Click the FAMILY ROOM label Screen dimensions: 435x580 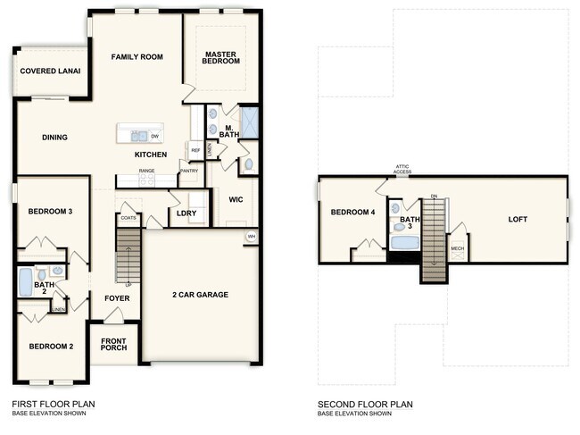(137, 57)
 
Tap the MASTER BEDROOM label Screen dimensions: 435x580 (220, 58)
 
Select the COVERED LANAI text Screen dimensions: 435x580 (50, 71)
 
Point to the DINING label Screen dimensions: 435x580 (54, 138)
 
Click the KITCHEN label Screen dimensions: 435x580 (151, 155)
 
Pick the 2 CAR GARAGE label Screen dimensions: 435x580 (200, 295)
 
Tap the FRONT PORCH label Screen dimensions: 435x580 (112, 344)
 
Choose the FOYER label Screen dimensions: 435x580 (117, 299)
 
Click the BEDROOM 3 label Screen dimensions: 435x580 (50, 212)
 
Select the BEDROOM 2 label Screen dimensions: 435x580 (50, 347)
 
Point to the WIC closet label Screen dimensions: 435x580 (236, 199)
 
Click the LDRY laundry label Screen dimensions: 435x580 (187, 213)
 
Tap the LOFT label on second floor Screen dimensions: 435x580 (518, 219)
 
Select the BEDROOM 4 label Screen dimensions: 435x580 (353, 213)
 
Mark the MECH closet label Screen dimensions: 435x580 (457, 249)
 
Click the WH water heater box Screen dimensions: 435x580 (251, 237)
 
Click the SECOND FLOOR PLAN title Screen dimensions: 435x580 (365, 404)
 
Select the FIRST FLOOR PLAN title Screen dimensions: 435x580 (54, 404)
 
